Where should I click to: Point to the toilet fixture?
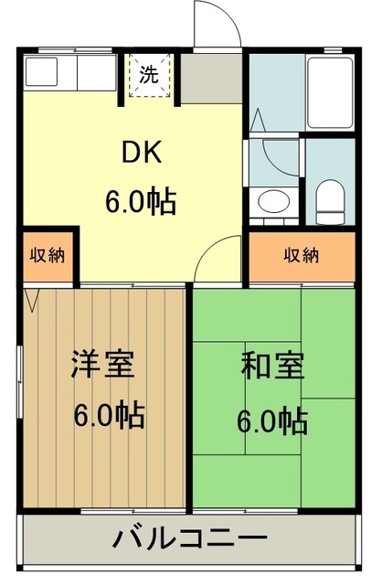(x=328, y=196)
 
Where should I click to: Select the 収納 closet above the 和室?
(x=301, y=254)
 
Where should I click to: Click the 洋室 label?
(x=103, y=365)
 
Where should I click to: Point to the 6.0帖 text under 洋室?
(x=108, y=416)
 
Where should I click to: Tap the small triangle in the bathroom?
(x=258, y=120)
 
